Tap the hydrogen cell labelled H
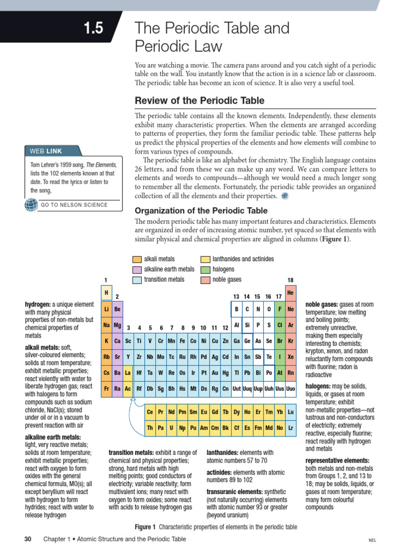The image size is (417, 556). [106, 293]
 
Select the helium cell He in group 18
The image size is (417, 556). [290, 293]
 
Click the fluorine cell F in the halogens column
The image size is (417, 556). [279, 309]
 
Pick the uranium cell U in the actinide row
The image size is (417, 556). [172, 428]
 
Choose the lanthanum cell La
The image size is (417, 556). [128, 373]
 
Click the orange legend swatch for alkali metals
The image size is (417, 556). [137, 260]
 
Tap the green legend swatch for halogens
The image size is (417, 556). [205, 269]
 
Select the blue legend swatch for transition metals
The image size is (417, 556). [137, 280]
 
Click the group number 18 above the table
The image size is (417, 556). [290, 280]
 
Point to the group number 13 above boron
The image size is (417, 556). [236, 296]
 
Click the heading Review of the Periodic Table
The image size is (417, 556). [199, 100]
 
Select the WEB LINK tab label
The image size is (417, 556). [46, 151]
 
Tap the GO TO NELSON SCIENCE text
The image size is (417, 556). [74, 205]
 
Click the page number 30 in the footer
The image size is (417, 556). [28, 539]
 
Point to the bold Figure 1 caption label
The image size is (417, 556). [145, 527]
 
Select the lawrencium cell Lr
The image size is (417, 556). [291, 428]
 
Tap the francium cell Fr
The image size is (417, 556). [106, 389]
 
